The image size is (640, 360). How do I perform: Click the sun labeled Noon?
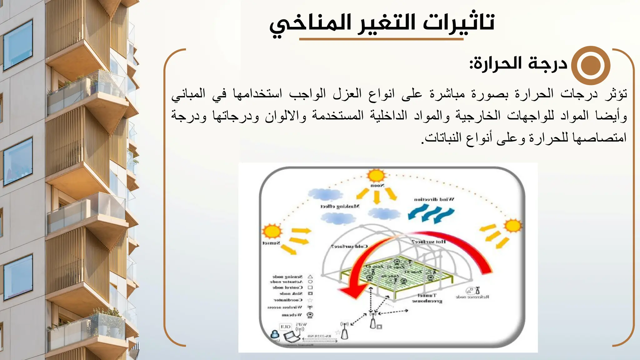click(x=376, y=176)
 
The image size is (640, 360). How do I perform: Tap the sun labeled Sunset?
click(x=272, y=232)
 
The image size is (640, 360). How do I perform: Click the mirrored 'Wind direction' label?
click(x=434, y=199)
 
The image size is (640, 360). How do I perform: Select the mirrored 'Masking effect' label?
click(x=340, y=206)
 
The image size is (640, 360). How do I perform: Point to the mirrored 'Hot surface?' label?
click(x=428, y=242)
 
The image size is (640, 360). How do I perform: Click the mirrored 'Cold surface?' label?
click(x=349, y=246)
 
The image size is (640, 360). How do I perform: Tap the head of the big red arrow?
click(x=352, y=292)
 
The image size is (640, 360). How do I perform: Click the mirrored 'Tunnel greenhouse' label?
click(x=427, y=298)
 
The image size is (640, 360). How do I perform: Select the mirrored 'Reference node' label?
click(x=472, y=297)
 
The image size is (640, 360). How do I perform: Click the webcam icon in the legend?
click(x=310, y=315)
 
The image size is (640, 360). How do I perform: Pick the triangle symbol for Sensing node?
click(x=310, y=277)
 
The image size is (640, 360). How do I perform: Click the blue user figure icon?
click(x=275, y=334)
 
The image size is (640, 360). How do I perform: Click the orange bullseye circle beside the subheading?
click(x=591, y=65)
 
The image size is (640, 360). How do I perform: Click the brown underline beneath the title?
click(x=381, y=39)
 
